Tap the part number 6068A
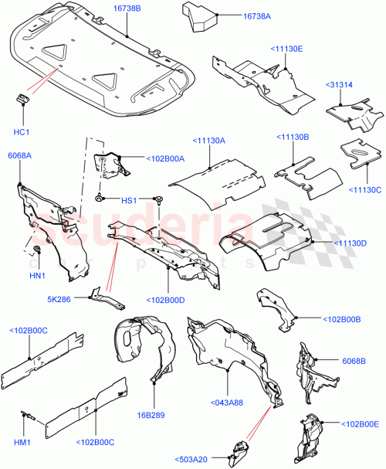click(x=20, y=156)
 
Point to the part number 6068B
click(x=353, y=360)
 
